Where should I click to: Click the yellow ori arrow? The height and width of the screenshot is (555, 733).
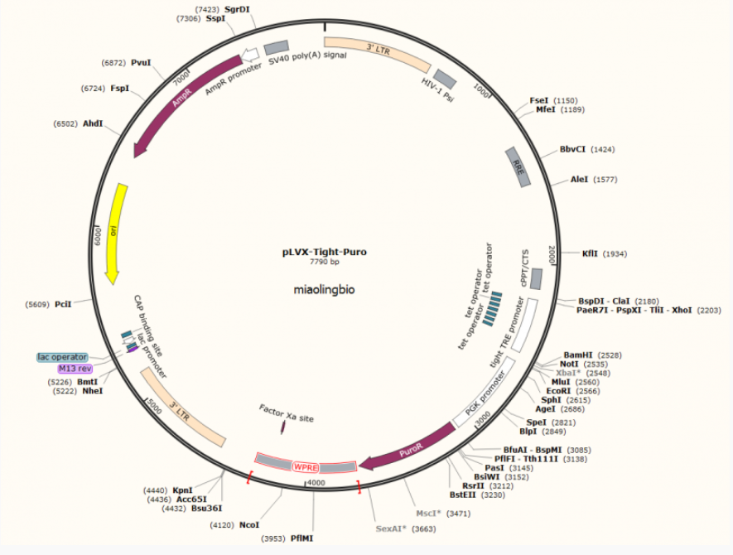(x=115, y=234)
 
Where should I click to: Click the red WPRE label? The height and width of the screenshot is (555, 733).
(x=306, y=467)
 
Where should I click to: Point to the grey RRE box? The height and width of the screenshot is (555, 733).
(x=518, y=167)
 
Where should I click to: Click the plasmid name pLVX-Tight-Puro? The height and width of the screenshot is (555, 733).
(x=325, y=252)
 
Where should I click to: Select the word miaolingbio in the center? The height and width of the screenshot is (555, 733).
(x=324, y=290)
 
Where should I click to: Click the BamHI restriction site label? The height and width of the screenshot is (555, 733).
(x=578, y=355)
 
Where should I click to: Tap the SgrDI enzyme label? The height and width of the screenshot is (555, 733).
(x=237, y=9)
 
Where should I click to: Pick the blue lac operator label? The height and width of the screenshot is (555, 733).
(x=62, y=357)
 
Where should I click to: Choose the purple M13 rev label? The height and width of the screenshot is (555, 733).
(x=75, y=369)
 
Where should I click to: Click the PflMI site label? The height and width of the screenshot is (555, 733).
(x=302, y=538)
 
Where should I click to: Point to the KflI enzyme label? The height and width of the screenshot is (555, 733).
(x=590, y=253)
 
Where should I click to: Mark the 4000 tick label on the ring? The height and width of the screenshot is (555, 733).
(x=316, y=483)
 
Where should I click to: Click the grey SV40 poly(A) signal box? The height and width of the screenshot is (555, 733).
(x=277, y=48)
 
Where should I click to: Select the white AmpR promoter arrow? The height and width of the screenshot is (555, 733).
(x=250, y=55)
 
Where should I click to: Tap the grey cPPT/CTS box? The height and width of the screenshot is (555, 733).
(x=536, y=278)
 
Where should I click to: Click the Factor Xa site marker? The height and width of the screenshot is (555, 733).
(x=282, y=427)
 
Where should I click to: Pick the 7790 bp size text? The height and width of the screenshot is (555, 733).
(x=325, y=262)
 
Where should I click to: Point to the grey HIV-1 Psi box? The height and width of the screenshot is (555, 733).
(x=445, y=79)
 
